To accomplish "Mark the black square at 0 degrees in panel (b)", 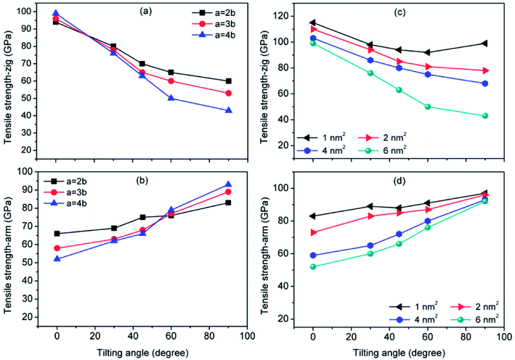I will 57,234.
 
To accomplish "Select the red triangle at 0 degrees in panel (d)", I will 313,232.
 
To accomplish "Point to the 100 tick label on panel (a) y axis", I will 28,12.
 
